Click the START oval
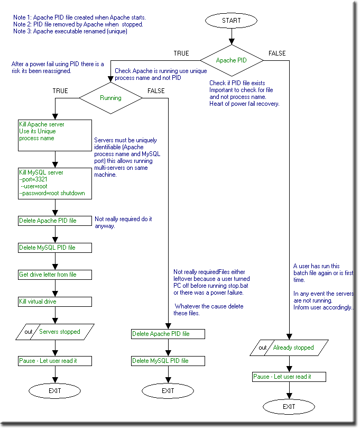click(231, 21)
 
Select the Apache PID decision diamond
click(232, 60)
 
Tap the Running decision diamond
click(110, 98)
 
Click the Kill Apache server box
click(55, 135)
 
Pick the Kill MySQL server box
click(55, 184)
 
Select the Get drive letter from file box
click(55, 275)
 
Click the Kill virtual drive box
click(55, 302)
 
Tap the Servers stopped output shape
click(55, 332)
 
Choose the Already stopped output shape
click(289, 348)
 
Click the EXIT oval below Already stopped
click(289, 407)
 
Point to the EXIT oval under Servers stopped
click(54, 391)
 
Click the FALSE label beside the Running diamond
click(156, 91)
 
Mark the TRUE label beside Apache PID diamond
click(181, 53)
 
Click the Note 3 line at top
click(70, 31)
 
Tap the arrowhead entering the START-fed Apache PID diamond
click(232, 42)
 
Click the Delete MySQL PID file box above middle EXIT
click(168, 361)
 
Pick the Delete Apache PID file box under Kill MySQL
click(55, 221)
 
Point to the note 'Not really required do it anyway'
click(123, 222)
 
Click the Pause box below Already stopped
click(289, 377)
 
